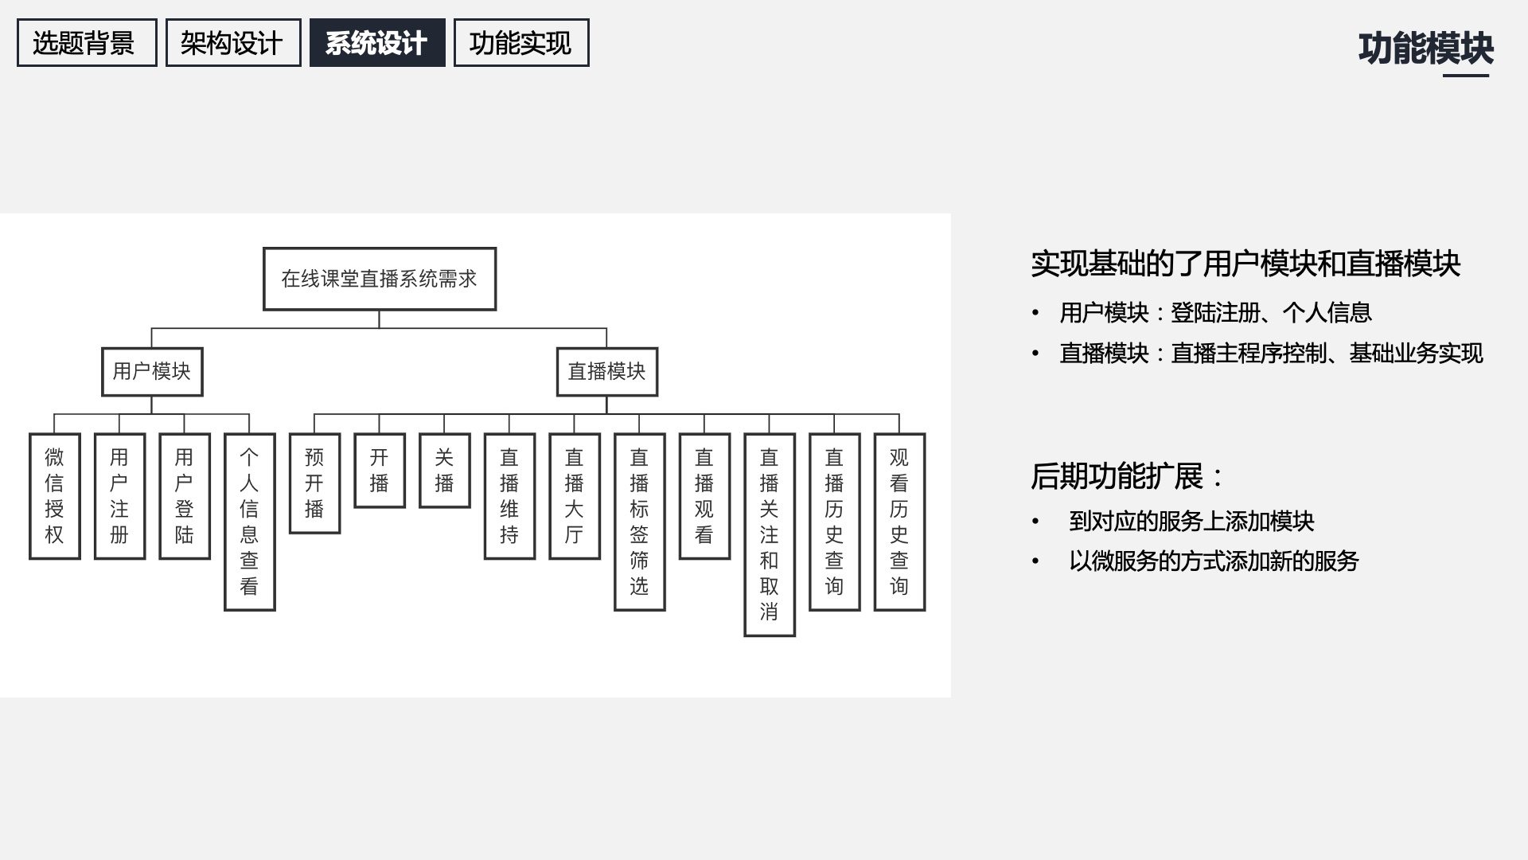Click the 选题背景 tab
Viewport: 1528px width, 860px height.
pos(87,43)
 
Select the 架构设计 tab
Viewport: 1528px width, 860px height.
pos(233,43)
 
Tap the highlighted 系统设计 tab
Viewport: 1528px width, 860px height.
pos(377,43)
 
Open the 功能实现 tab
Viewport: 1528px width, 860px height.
pos(521,43)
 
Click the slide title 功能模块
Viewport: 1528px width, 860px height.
pos(1425,49)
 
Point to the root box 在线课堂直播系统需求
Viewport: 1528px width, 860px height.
pos(380,279)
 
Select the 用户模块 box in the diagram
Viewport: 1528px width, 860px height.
pos(152,372)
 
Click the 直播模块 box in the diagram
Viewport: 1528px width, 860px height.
pos(607,372)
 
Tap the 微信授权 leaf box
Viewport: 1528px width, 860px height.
pos(55,496)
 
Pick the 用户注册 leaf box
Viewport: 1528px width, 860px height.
pos(119,496)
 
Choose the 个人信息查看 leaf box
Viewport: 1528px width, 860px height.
pos(250,522)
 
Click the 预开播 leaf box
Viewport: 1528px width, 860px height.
pos(314,483)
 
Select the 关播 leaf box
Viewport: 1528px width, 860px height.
pos(445,471)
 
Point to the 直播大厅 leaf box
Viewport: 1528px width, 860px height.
pos(575,496)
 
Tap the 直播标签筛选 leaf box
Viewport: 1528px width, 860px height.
pos(640,522)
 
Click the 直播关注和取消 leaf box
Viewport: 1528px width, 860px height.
pos(770,534)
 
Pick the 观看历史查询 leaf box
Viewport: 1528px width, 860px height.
pos(899,522)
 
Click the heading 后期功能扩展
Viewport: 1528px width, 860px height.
pos(1127,476)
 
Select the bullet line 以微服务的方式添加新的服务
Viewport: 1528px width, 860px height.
pos(1214,561)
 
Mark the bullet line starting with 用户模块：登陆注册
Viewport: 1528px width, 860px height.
pos(1215,313)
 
